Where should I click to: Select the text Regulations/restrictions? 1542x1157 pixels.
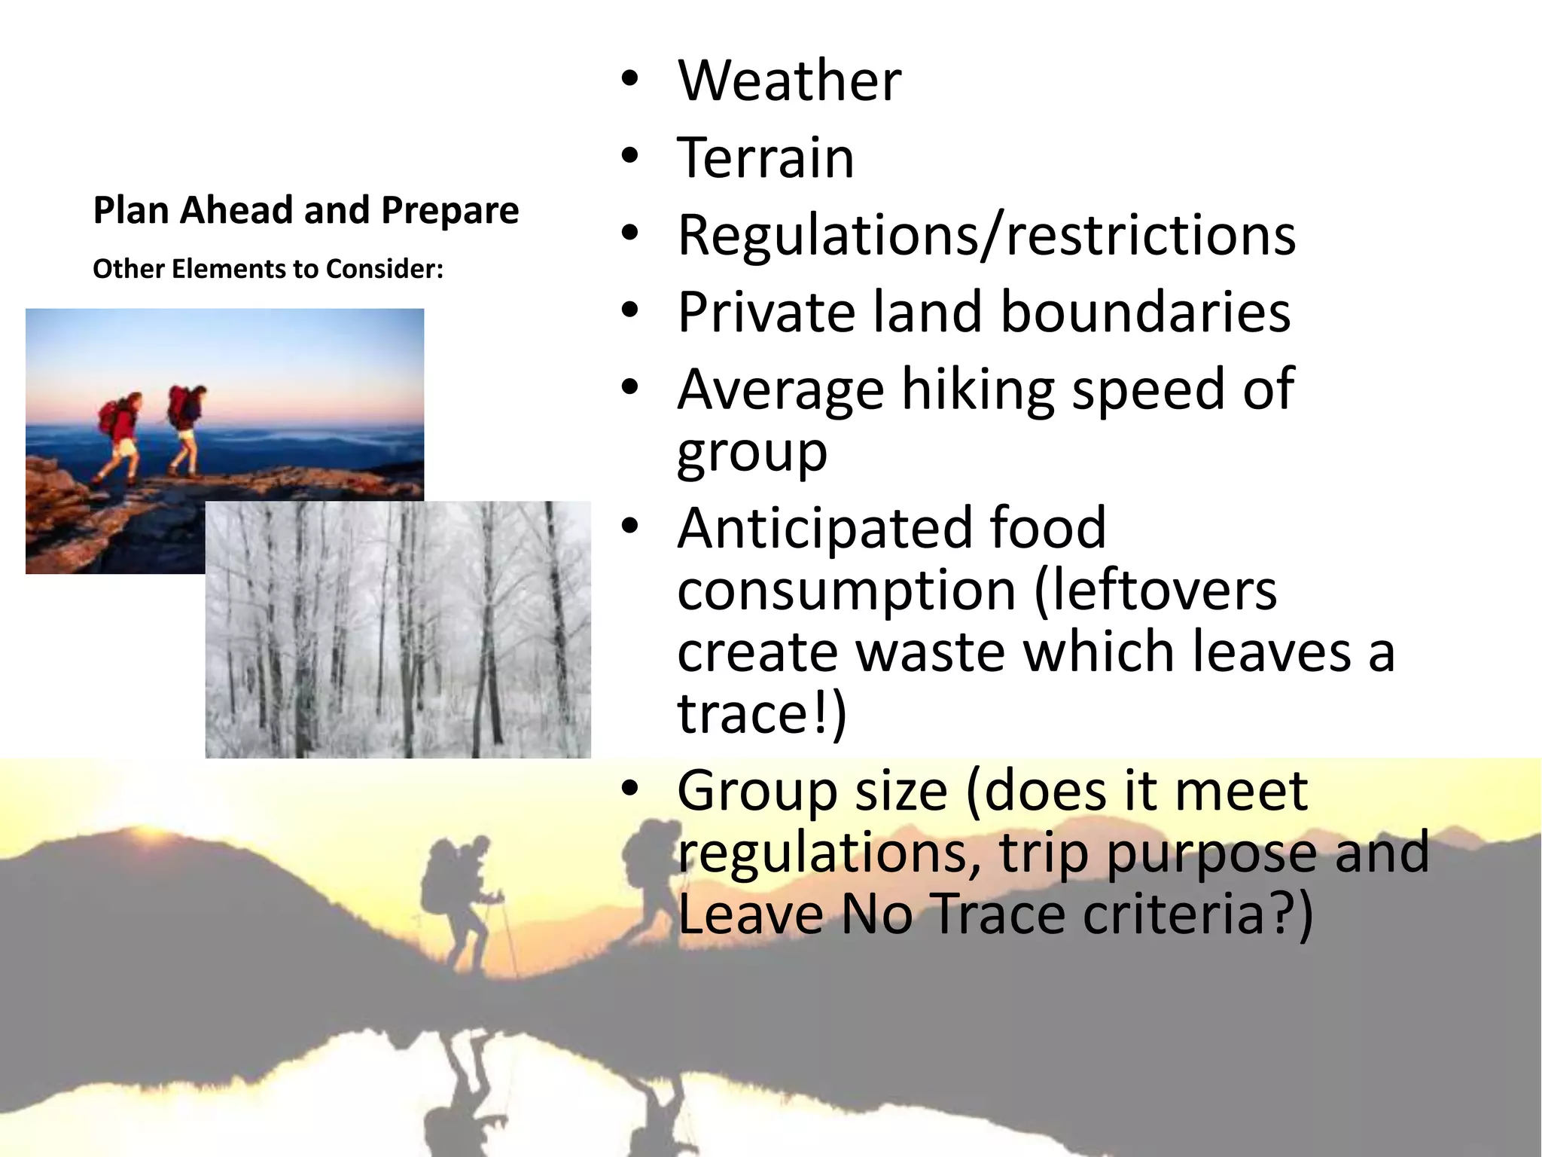pyautogui.click(x=986, y=236)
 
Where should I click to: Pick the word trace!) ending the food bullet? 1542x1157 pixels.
pyautogui.click(x=762, y=713)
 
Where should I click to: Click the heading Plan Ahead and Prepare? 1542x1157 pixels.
pyautogui.click(x=306, y=210)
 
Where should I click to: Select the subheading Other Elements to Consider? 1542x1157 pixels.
pyautogui.click(x=268, y=269)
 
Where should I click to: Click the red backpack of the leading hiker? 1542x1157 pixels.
pyautogui.click(x=178, y=403)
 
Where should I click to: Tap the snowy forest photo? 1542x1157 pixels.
pyautogui.click(x=398, y=629)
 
